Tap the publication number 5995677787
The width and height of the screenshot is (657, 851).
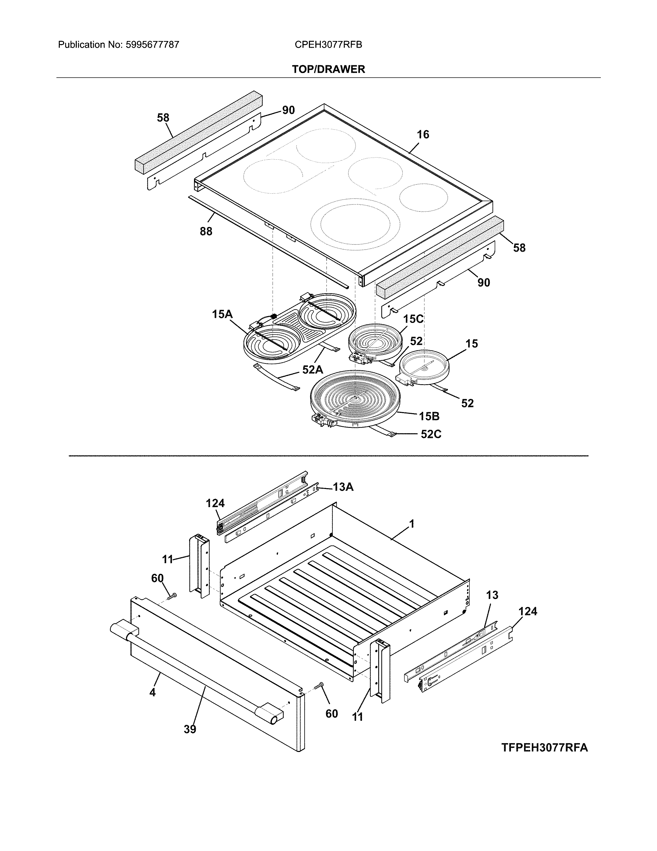pos(152,45)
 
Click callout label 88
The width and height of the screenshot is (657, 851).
pos(206,232)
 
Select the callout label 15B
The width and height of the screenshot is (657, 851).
pos(429,416)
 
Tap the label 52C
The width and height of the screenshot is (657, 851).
pos(431,434)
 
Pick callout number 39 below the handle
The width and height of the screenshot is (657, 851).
pos(190,729)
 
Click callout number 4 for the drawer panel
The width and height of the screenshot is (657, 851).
pos(153,692)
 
